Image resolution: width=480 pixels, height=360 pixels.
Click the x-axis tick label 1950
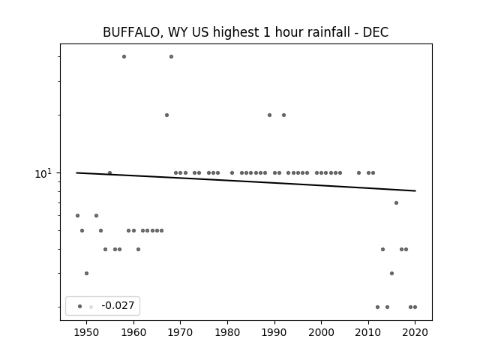coord(87,333)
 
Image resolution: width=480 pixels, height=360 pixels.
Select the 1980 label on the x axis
coord(227,333)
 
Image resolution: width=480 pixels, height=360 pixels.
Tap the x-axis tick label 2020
coord(415,333)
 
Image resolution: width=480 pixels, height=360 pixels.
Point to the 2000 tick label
coord(322,333)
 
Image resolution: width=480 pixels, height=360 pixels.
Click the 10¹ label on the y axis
coord(43,174)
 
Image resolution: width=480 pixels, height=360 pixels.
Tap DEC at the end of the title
coord(376,32)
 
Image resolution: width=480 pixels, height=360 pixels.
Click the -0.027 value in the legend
coord(118,305)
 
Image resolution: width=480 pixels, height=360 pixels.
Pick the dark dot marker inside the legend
coord(80,307)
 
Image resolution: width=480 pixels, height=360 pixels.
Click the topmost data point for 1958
coord(124,57)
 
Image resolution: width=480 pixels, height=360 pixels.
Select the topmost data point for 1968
coord(172,57)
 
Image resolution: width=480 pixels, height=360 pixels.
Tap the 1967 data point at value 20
coord(166,115)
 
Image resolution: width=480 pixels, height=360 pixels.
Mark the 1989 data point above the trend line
coord(270,115)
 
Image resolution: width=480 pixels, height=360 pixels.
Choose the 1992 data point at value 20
coord(283,115)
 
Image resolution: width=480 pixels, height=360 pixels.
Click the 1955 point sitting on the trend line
coord(110,173)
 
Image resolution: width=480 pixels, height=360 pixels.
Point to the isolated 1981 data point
coord(232,173)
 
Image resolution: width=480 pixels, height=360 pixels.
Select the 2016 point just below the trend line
coord(397,203)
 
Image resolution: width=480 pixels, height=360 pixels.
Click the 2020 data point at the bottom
coord(415,307)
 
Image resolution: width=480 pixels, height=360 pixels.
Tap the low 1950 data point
coord(87,273)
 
